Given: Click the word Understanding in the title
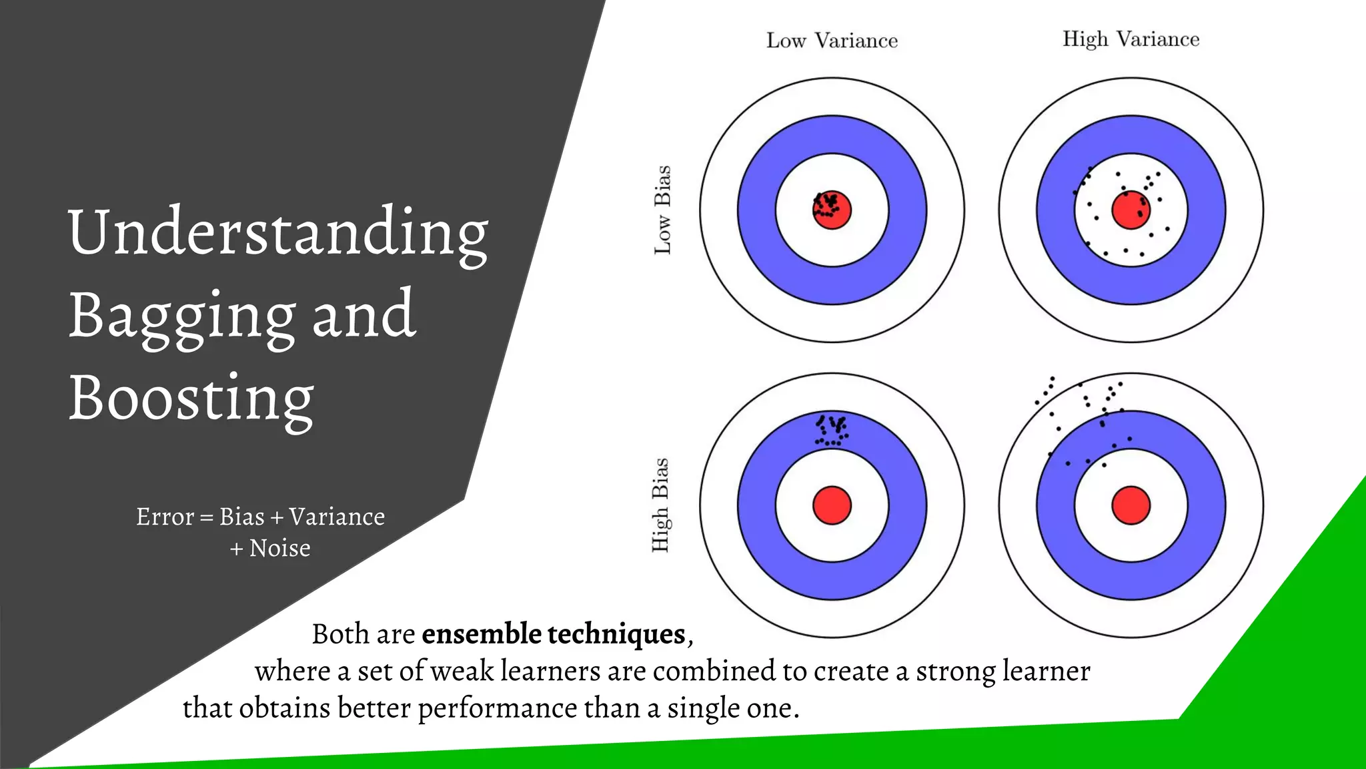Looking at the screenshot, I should click(278, 234).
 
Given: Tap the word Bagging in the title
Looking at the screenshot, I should click(182, 316).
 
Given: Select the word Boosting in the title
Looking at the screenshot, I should click(191, 399).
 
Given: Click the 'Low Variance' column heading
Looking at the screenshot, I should click(832, 41).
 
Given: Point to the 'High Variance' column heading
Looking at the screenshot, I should click(1131, 39).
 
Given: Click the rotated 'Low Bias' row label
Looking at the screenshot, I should click(662, 210).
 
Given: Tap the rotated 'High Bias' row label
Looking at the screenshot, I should click(660, 505).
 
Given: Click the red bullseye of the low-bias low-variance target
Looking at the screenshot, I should click(832, 210).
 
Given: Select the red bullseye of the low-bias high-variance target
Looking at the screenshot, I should click(1131, 210).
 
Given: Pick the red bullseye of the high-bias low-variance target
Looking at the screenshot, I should click(832, 505).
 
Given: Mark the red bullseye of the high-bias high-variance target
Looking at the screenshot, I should click(1131, 505).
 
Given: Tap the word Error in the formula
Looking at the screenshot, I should click(165, 517).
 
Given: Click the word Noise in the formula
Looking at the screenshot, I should click(279, 548).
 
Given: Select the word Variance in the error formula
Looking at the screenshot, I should click(337, 517).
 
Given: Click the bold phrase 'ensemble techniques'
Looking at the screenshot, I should click(554, 633).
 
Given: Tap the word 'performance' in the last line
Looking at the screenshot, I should click(497, 708).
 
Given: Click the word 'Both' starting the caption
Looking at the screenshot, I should click(340, 633).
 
